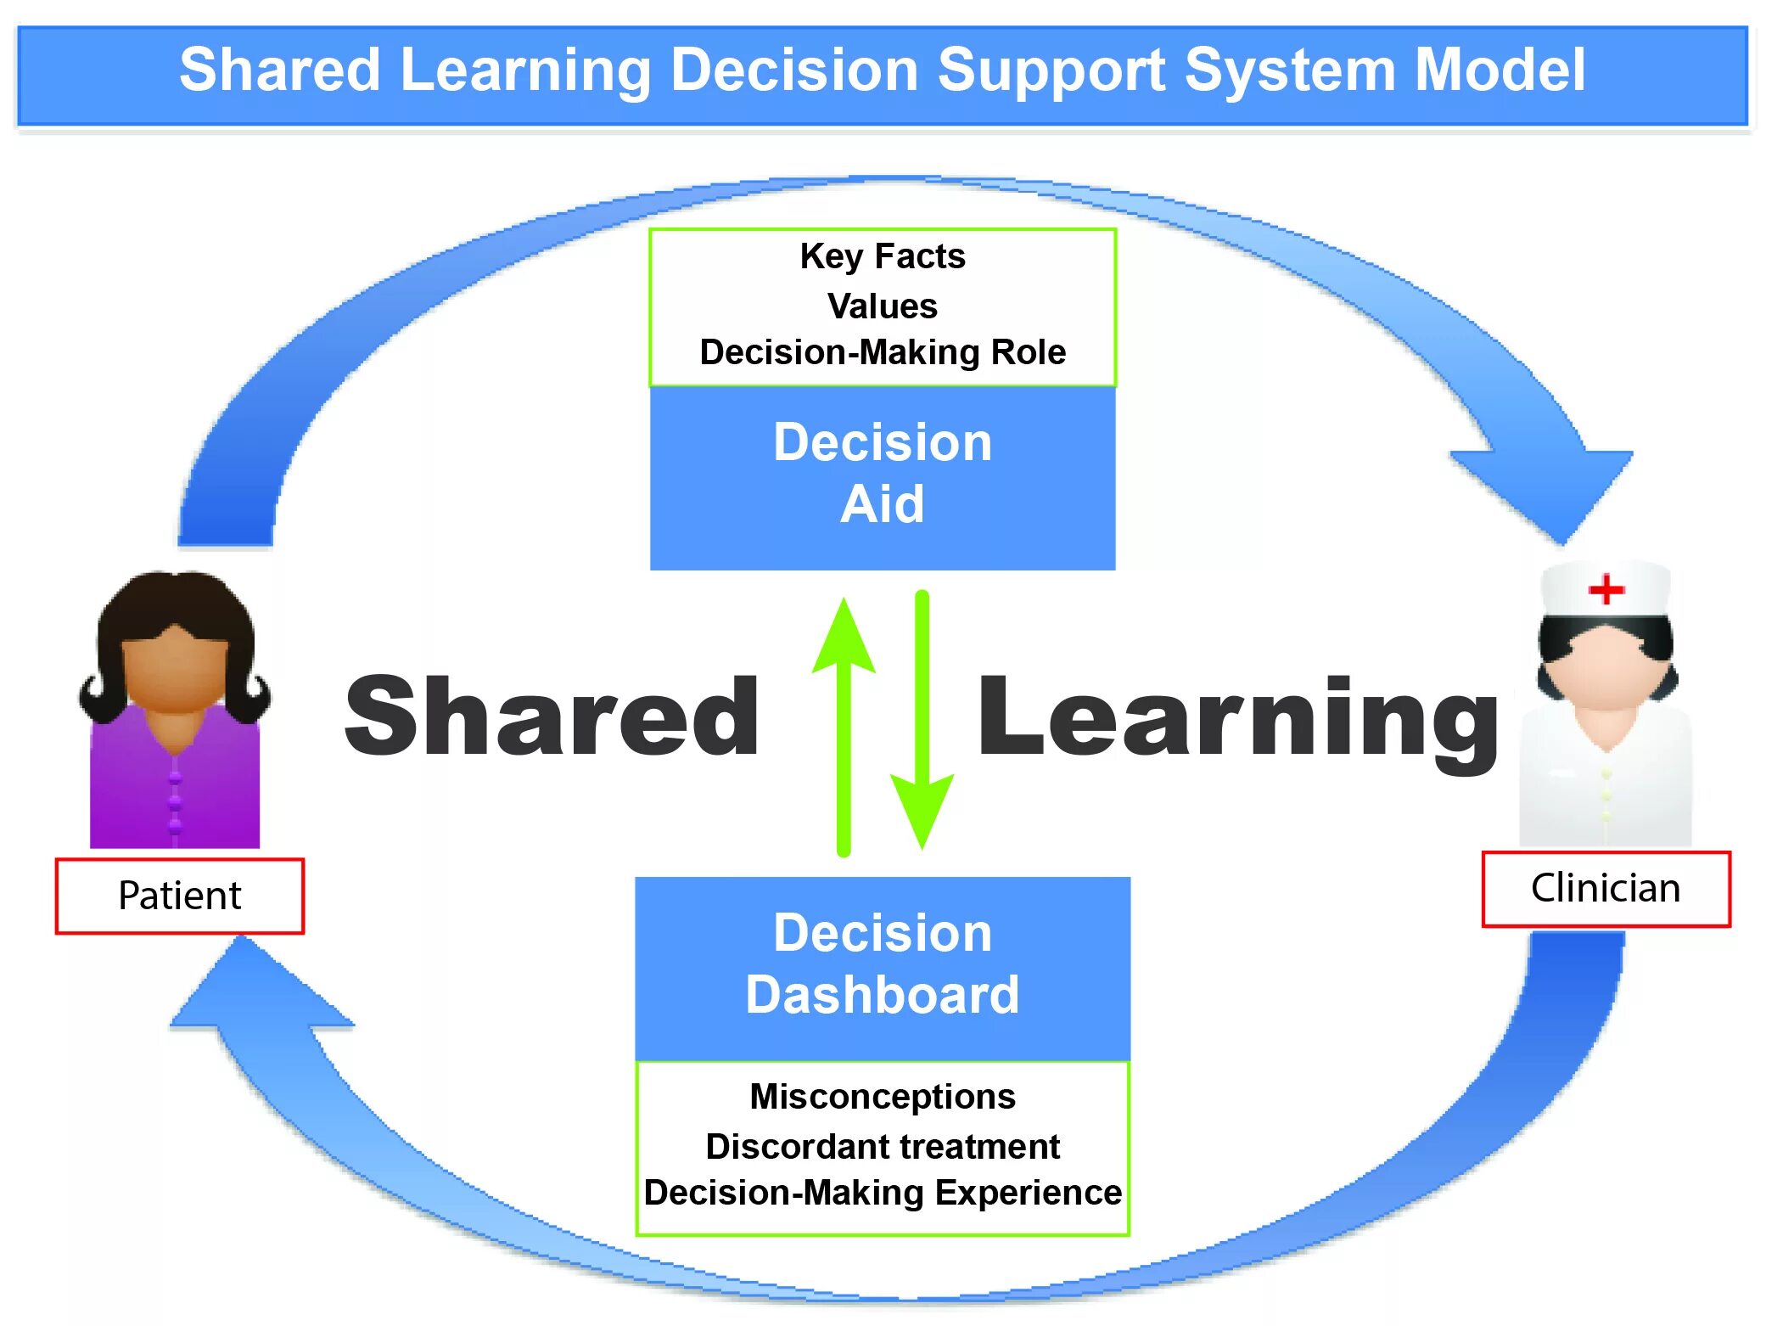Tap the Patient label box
pos(179,896)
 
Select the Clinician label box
pos(1605,889)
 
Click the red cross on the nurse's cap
pos(1606,589)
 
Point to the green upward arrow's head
pos(844,637)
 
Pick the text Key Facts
pos(882,256)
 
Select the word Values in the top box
pos(882,306)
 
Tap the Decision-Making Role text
pos(882,352)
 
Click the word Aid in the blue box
pos(882,504)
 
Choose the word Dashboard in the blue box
pos(882,995)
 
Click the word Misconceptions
pos(882,1097)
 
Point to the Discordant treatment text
pos(882,1147)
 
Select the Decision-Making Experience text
pos(882,1193)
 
